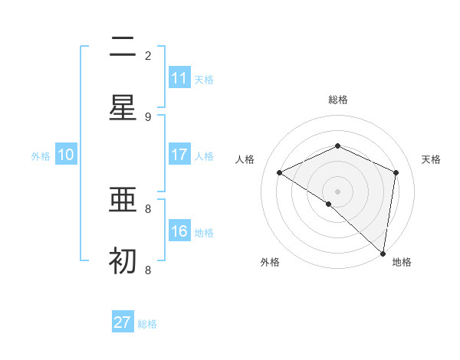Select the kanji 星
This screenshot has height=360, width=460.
click(123, 107)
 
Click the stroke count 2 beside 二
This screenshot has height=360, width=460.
click(148, 55)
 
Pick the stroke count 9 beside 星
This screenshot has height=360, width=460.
click(148, 116)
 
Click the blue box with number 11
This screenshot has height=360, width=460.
click(179, 78)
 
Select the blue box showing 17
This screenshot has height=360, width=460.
click(179, 155)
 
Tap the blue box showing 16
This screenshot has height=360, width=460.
click(179, 231)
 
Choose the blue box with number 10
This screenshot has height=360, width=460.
click(66, 155)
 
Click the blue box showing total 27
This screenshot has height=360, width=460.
click(123, 322)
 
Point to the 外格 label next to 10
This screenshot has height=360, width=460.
click(41, 156)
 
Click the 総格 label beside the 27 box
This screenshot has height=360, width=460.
click(147, 324)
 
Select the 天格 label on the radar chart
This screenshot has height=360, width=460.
click(431, 159)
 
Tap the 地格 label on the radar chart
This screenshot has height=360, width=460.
click(402, 262)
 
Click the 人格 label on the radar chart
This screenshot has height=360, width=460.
click(245, 159)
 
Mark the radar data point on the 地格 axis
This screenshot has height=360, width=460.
click(383, 253)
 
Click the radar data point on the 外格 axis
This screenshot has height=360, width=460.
click(329, 204)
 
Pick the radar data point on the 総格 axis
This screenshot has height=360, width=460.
click(337, 146)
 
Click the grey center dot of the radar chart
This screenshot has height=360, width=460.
click(337, 191)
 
